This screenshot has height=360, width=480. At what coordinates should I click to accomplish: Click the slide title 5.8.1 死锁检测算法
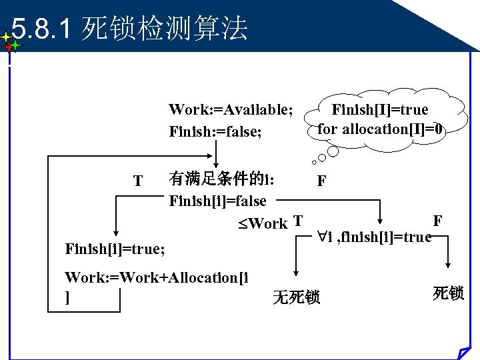coord(130,29)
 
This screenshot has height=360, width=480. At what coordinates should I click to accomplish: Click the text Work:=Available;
coord(231,109)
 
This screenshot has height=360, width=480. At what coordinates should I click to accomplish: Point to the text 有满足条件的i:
coord(221,178)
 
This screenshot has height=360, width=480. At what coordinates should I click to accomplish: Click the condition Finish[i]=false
coord(217,201)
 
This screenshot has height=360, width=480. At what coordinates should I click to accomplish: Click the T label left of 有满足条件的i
coord(137,181)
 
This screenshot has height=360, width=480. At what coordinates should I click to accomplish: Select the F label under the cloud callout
coord(321,181)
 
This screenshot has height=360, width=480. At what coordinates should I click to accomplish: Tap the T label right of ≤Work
coord(298,221)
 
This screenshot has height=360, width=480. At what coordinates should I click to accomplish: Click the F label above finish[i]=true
coord(437,221)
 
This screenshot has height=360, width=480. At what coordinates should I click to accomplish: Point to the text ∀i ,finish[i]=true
coord(374,237)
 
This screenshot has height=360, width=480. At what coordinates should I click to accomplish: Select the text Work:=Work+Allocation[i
coord(157,277)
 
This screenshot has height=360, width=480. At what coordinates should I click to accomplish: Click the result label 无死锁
coord(296,297)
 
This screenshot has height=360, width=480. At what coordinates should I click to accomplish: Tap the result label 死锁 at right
coord(448,293)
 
